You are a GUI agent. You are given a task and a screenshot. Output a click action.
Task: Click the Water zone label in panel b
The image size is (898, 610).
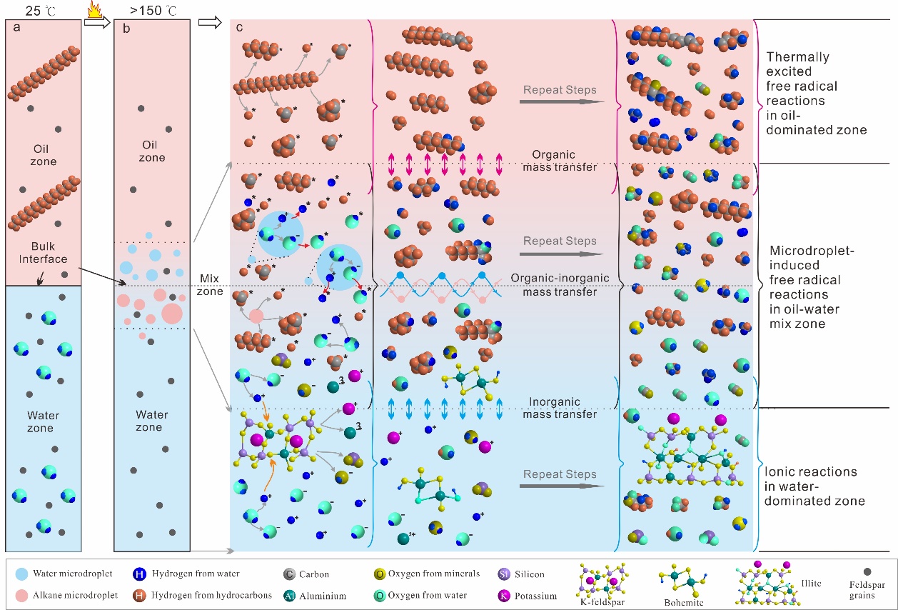(149, 421)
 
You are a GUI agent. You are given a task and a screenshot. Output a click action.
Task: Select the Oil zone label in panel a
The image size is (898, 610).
(44, 155)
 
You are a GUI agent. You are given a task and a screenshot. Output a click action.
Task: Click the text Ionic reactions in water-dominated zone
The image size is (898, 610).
(813, 486)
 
